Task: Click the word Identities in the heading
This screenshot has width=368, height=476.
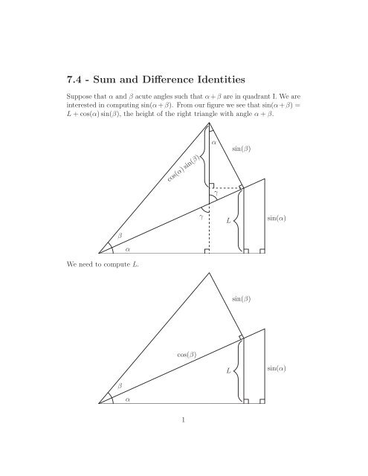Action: (238, 76)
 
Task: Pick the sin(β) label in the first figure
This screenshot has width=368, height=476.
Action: (241, 149)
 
